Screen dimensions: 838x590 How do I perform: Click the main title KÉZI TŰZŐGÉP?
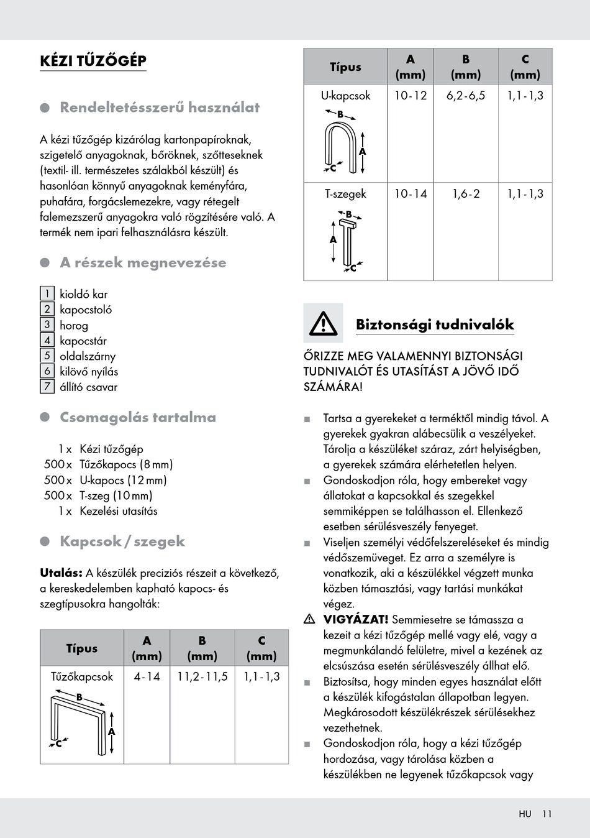pyautogui.click(x=93, y=61)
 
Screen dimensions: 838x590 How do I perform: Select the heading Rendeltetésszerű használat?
pyautogui.click(x=160, y=108)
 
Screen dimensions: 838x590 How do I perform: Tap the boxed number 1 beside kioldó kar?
pyautogui.click(x=47, y=293)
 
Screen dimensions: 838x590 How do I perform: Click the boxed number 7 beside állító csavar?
pyautogui.click(x=47, y=386)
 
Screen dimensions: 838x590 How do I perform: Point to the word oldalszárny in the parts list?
pyautogui.click(x=88, y=356)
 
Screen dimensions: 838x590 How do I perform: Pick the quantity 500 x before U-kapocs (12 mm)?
pyautogui.click(x=58, y=480)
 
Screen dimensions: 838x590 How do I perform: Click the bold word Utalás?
pyautogui.click(x=61, y=573)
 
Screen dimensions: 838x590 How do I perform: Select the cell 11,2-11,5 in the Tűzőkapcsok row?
pyautogui.click(x=202, y=676)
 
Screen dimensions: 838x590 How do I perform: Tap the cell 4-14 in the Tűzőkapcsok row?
pyautogui.click(x=147, y=676)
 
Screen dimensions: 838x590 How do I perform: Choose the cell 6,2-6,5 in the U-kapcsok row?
pyautogui.click(x=466, y=96)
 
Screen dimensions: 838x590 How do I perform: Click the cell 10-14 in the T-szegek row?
pyautogui.click(x=411, y=194)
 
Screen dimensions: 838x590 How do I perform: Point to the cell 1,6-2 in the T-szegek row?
pyautogui.click(x=466, y=194)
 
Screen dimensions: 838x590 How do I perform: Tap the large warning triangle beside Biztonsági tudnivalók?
pyautogui.click(x=323, y=324)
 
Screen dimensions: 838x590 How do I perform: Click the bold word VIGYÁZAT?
pyautogui.click(x=356, y=619)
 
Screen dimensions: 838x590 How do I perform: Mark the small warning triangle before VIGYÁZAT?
pyautogui.click(x=309, y=619)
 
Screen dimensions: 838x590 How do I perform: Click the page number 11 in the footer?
pyautogui.click(x=547, y=814)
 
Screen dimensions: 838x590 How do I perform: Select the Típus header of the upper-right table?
pyautogui.click(x=345, y=67)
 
